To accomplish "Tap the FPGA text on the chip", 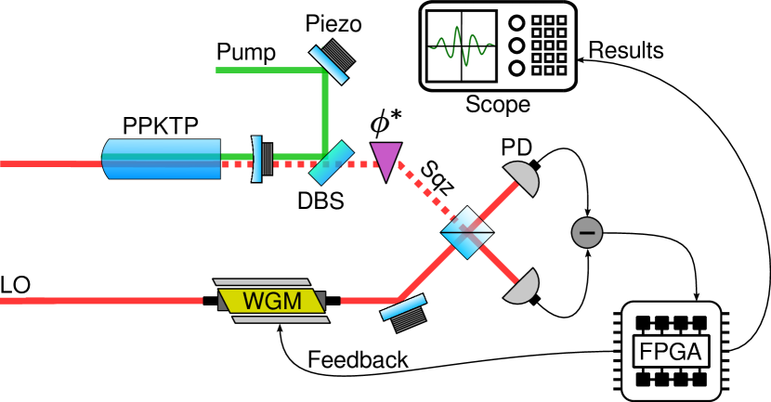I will point(671,352).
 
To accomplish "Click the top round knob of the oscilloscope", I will point(516,23).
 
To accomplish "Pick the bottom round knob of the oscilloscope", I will point(516,68).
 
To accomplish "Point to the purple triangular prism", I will point(385,159).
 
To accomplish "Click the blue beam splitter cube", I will point(466,233).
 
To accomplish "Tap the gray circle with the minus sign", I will point(587,232).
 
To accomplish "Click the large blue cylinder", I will point(161,159).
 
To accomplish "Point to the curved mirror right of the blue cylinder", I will point(257,159).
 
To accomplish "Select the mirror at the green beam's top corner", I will point(329,61).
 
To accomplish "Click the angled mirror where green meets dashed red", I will point(332,162).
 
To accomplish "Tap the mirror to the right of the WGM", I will point(403,307).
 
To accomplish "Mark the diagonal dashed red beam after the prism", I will point(425,193).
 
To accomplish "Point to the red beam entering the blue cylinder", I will point(46,163).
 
